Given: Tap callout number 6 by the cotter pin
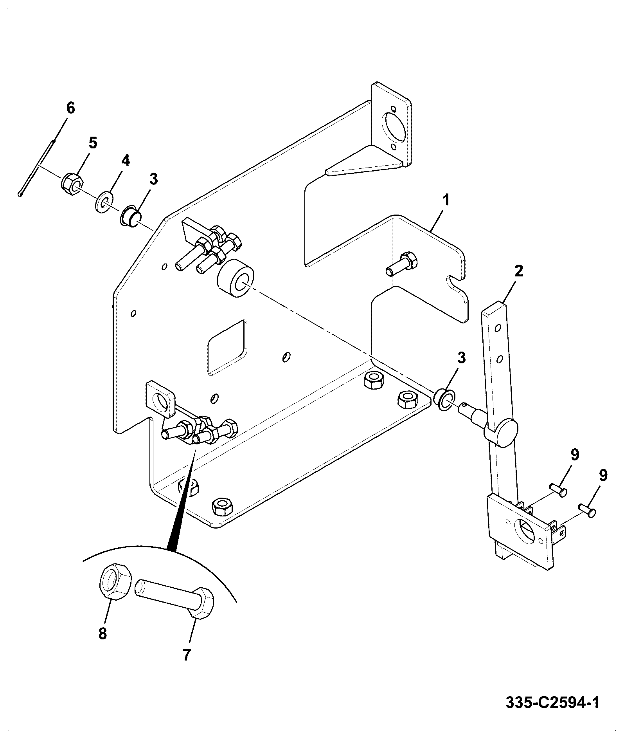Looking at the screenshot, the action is tap(70, 108).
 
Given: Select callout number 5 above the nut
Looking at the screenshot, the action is tap(92, 143).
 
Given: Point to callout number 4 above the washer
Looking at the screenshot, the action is tap(125, 160).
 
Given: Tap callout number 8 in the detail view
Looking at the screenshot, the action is tap(103, 634).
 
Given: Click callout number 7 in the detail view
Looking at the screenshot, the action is tap(187, 654).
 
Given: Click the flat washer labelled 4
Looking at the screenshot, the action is tap(104, 202).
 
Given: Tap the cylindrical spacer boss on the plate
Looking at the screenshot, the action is tap(235, 278).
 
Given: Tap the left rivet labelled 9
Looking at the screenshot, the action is tap(558, 489).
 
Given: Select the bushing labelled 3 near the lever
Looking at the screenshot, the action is tap(444, 400).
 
